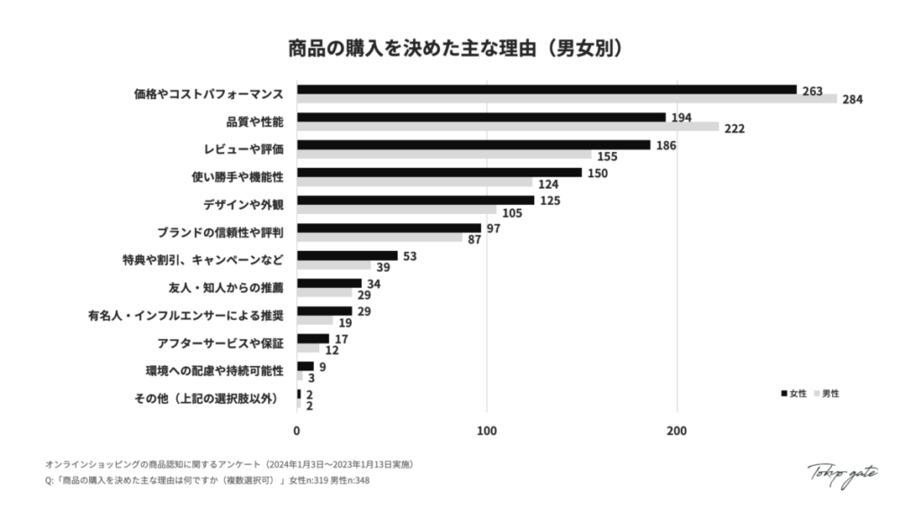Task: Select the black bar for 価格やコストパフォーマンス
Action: (x=547, y=89)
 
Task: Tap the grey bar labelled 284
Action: (x=567, y=99)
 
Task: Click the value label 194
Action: (x=682, y=118)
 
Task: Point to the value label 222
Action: (x=735, y=129)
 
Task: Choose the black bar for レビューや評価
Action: (x=473, y=145)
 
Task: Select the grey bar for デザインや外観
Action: (x=397, y=210)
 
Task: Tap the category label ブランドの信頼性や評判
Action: (x=220, y=233)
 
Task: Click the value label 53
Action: (x=409, y=256)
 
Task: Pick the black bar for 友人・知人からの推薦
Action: (x=329, y=283)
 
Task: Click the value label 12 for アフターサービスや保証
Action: (x=332, y=350)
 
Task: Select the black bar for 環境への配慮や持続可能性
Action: (x=305, y=366)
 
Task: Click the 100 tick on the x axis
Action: (x=487, y=431)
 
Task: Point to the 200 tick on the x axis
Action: (x=677, y=431)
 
